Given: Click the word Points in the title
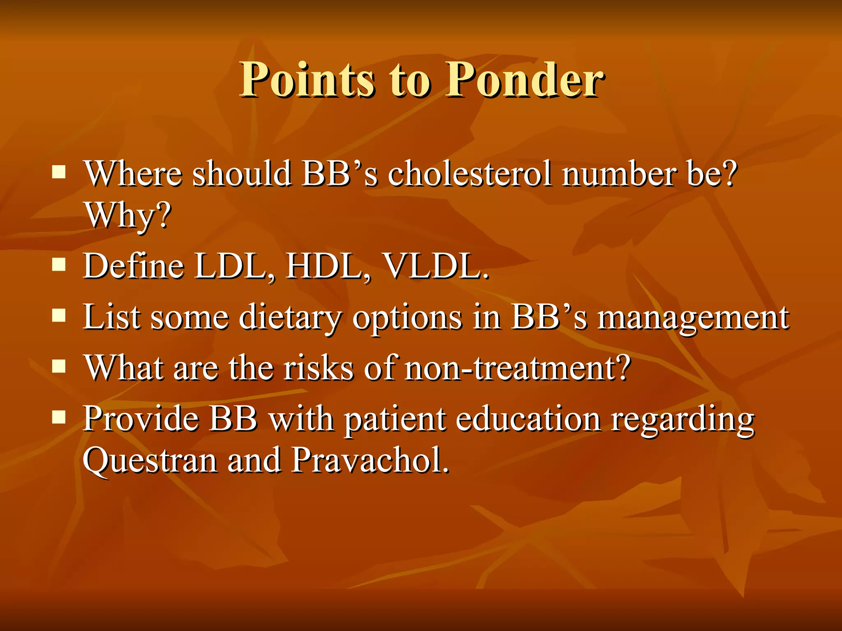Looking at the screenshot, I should pyautogui.click(x=307, y=80).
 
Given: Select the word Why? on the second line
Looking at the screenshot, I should pyautogui.click(x=127, y=216).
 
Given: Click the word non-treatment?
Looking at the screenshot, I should pyautogui.click(x=517, y=368).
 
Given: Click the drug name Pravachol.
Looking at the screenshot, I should pyautogui.click(x=370, y=460).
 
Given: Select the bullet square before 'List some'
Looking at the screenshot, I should pyautogui.click(x=59, y=315).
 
